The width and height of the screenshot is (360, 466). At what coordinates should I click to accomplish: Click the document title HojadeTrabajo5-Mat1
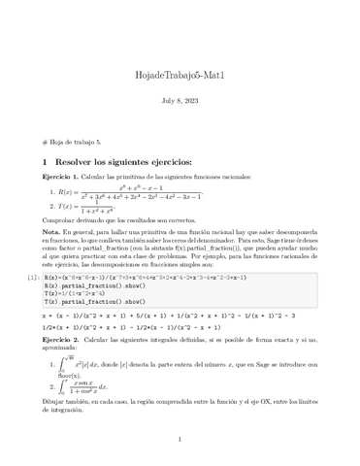[x=180, y=76]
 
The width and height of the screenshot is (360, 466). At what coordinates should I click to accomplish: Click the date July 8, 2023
[x=180, y=100]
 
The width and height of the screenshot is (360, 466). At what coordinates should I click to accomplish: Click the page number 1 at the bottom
[x=180, y=439]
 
